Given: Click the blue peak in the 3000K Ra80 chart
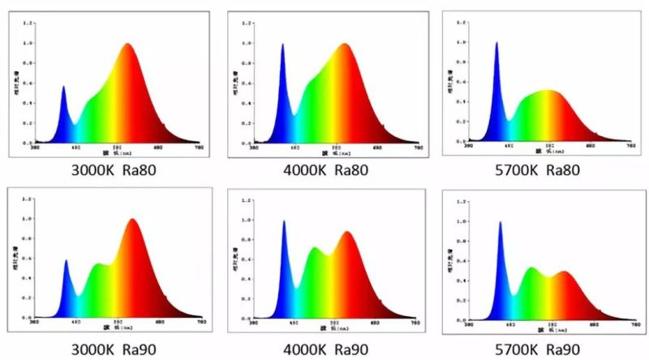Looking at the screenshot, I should (63, 88).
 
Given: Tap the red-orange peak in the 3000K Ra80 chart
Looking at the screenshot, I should (128, 45).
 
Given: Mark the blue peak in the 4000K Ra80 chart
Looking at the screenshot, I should (282, 45).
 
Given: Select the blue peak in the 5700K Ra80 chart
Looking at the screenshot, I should (496, 44).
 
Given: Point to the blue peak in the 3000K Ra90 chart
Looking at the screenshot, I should (66, 261).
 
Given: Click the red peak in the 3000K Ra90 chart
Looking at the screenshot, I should (131, 221).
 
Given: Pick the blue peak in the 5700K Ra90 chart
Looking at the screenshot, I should (500, 224).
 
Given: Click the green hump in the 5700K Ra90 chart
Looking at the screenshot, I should (531, 269).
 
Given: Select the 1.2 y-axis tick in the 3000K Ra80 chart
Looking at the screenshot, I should (28, 24).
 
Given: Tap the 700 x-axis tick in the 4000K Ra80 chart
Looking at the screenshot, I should (418, 148).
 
